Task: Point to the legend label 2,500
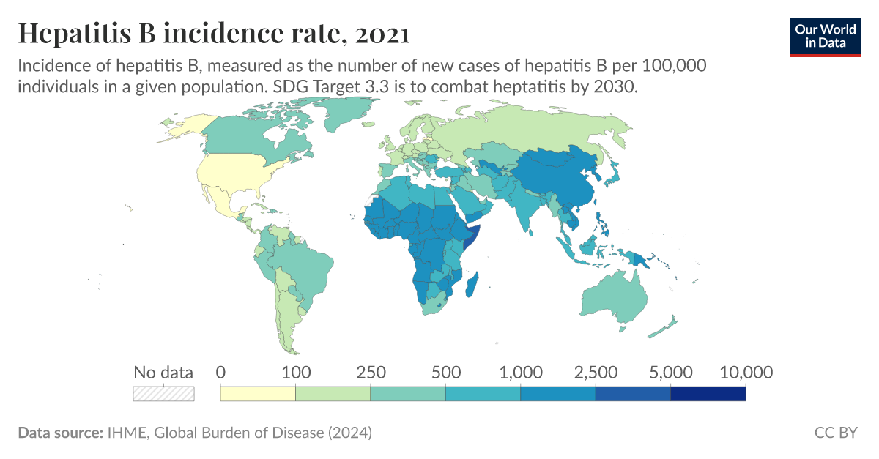[596, 372]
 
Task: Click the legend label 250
[371, 372]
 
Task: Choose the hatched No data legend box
[163, 393]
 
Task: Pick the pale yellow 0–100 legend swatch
[258, 393]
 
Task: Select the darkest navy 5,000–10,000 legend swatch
[708, 393]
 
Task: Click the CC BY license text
[835, 433]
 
